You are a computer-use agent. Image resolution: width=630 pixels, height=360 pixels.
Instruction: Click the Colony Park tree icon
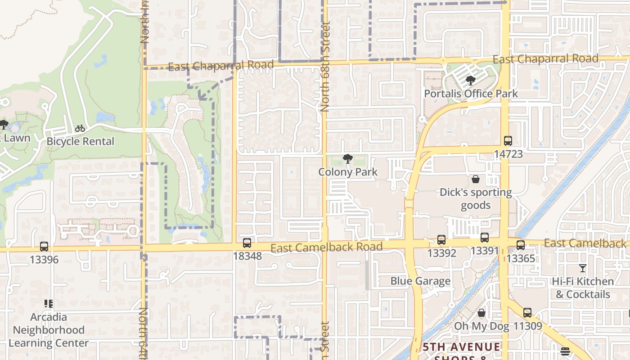[347, 158]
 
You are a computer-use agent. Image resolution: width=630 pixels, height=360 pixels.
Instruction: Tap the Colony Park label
[348, 172]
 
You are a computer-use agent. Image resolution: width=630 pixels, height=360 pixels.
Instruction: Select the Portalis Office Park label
[471, 94]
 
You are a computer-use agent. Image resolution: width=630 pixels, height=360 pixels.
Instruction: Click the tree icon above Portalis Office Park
[471, 81]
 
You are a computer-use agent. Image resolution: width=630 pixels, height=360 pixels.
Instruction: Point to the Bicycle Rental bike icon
[80, 128]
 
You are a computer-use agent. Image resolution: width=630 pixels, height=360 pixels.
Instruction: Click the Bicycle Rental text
[80, 141]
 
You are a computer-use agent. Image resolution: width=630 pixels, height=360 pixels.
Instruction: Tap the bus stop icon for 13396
[44, 247]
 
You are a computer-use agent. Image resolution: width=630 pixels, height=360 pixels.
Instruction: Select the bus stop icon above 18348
[247, 243]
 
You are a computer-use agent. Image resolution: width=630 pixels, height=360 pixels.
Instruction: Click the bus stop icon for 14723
[508, 141]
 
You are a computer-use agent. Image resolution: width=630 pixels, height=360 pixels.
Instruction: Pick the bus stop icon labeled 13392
[441, 240]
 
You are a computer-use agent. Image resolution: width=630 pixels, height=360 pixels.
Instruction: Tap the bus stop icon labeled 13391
[485, 238]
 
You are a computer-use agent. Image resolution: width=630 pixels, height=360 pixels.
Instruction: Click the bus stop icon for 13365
[521, 245]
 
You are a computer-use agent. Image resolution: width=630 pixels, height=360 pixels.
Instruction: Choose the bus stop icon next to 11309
[527, 312]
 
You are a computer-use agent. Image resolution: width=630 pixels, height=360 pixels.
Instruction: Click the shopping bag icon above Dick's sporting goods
[476, 179]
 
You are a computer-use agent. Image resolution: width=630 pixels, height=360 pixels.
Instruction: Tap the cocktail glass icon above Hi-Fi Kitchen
[583, 268]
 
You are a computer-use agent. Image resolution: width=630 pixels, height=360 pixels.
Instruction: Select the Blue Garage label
[420, 281]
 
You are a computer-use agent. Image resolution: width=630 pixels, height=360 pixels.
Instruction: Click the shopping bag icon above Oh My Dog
[481, 313]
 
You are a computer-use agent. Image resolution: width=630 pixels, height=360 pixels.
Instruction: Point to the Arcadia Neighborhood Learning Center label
[49, 330]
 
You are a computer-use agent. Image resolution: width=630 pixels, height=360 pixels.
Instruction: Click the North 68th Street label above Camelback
[325, 67]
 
